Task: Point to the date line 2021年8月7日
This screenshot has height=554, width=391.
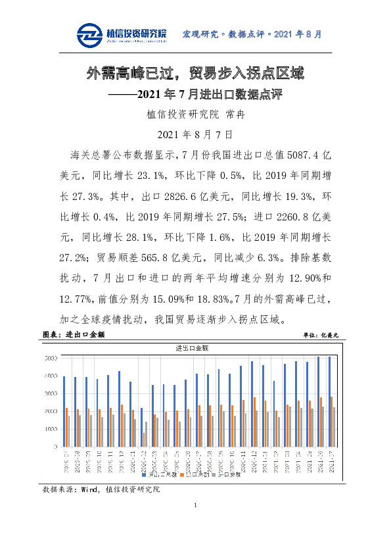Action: click(x=195, y=135)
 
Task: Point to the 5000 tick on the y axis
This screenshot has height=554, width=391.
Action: click(x=50, y=359)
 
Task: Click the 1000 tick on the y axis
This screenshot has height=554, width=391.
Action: click(x=50, y=429)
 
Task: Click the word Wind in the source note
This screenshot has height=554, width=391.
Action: click(x=87, y=490)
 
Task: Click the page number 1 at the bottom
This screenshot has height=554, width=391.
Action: click(x=195, y=505)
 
